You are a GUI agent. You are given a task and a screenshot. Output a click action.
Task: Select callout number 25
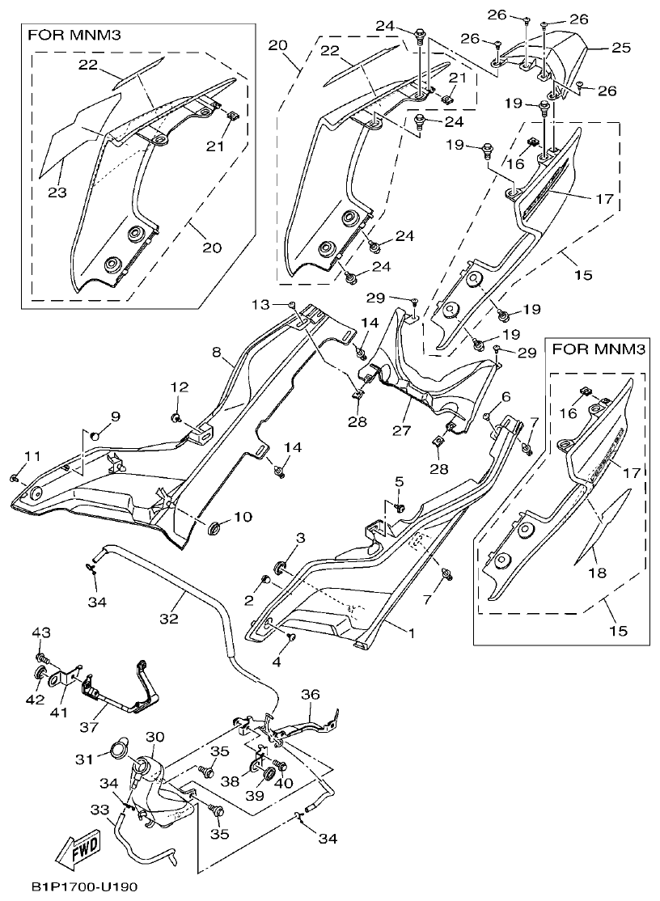[x=620, y=49]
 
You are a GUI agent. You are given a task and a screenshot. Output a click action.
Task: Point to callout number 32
[x=167, y=619]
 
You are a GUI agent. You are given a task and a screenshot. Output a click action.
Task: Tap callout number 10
[x=243, y=517]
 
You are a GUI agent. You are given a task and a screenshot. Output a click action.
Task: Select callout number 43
[x=40, y=632]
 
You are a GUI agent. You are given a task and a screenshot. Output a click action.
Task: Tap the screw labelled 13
[x=290, y=304]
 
